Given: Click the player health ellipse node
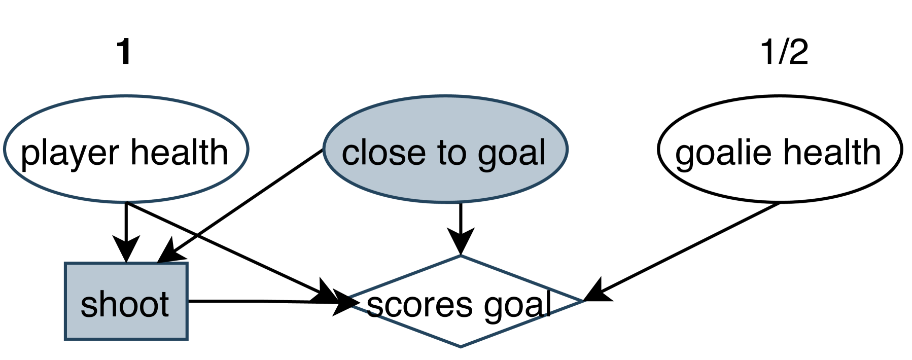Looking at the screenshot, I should pos(126,149).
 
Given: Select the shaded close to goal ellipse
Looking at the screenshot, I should pos(445,149).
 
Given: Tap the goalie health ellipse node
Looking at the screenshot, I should pos(780,149).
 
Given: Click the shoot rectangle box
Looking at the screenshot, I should pos(126,301).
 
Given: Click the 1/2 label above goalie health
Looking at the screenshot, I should pos(784,52).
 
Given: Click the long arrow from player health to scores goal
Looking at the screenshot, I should pos(228,248).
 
